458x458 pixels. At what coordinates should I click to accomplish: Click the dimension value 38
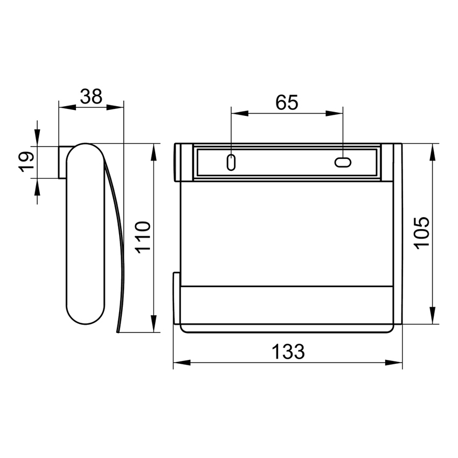pyautogui.click(x=91, y=97)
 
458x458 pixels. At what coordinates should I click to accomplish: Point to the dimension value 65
pyautogui.click(x=287, y=102)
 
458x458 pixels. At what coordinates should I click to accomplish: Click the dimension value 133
pyautogui.click(x=287, y=352)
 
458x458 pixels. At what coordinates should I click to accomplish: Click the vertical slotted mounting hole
pyautogui.click(x=231, y=162)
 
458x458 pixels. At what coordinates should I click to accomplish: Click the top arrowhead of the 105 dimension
pyautogui.click(x=432, y=151)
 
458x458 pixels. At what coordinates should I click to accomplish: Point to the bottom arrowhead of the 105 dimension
pyautogui.click(x=432, y=316)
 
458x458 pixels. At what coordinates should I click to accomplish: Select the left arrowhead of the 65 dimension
pyautogui.click(x=238, y=113)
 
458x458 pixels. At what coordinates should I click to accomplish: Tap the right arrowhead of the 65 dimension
pyautogui.click(x=336, y=113)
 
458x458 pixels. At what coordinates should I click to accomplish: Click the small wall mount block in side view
pyautogui.click(x=63, y=162)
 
